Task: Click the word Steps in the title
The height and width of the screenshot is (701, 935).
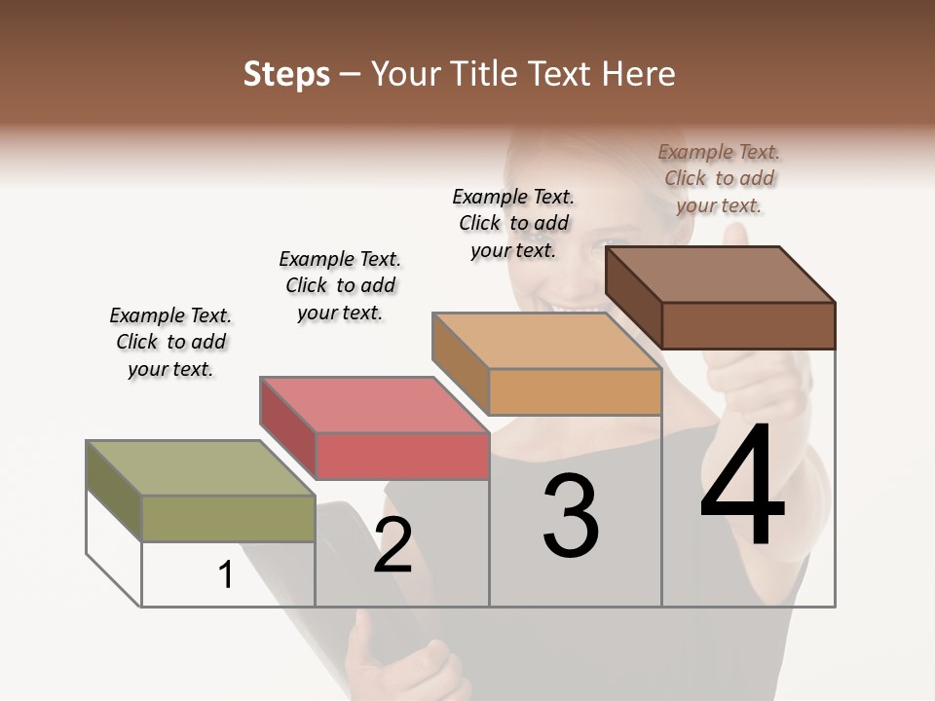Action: [x=286, y=74]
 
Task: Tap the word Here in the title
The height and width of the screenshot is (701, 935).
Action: [x=638, y=74]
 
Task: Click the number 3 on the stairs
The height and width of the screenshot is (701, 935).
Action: [x=571, y=516]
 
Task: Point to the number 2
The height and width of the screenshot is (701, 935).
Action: [x=393, y=545]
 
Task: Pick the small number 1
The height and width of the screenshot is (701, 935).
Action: [x=226, y=575]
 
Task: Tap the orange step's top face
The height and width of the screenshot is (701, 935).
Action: [x=546, y=341]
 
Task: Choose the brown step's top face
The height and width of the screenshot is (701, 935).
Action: [x=720, y=275]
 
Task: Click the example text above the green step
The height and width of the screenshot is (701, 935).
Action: [x=170, y=342]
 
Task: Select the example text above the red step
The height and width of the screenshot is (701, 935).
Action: [x=340, y=285]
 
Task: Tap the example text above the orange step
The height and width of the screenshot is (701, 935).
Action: [x=513, y=223]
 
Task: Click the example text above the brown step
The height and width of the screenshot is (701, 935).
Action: [x=719, y=178]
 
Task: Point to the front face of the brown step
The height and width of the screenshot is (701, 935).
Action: [x=748, y=325]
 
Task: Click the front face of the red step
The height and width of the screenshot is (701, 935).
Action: [x=401, y=456]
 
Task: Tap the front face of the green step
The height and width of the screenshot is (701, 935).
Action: [x=228, y=518]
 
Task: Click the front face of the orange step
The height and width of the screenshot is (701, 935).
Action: [x=575, y=392]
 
